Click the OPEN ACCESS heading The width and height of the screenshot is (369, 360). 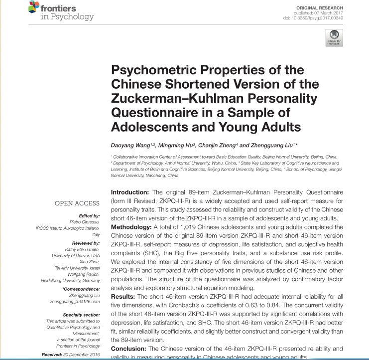click(x=77, y=203)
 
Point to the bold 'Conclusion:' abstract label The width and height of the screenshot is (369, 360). click(x=128, y=349)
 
